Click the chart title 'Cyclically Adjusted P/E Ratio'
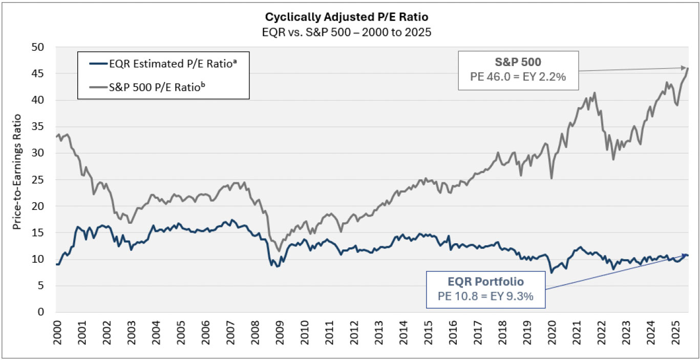[x=349, y=17]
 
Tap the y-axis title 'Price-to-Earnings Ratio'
[x=17, y=179]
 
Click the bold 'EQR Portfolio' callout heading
[x=486, y=282]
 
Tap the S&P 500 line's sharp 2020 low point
[x=551, y=178]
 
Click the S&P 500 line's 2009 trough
[x=279, y=251]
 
